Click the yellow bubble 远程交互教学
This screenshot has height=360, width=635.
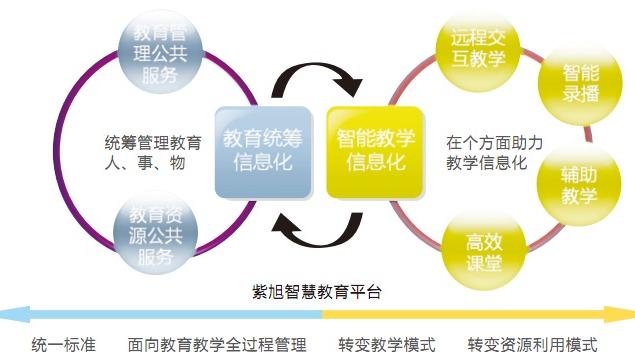[x=478, y=46]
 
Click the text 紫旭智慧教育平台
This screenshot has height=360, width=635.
[x=316, y=293]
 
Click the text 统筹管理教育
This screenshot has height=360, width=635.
[x=152, y=141]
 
